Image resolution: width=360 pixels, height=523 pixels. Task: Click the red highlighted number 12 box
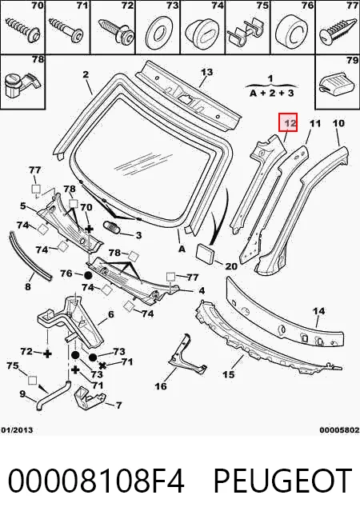pos(288,122)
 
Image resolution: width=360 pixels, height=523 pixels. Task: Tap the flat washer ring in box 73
pos(158,31)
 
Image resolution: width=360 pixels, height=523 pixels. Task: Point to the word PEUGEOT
pos(282,481)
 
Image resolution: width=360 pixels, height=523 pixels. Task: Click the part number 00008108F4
pos(96,481)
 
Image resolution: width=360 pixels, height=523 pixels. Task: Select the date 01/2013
pos(17,430)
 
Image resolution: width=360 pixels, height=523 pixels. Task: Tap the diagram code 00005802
pos(340,430)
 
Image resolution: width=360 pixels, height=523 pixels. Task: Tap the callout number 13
pos(206,72)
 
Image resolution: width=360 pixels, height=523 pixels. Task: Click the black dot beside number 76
pos(88,276)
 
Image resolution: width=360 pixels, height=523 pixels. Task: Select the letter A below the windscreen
pos(182,249)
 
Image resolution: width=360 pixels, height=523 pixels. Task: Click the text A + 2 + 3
pos(271,93)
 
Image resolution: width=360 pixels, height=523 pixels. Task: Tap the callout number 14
pos(318,311)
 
